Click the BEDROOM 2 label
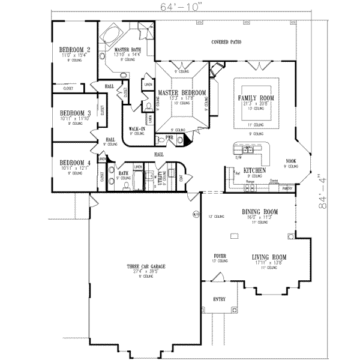[75, 49]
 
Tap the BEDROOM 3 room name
[75, 113]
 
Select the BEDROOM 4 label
[75, 162]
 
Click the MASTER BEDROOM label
[182, 93]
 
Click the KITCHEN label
[238, 170]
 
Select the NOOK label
[292, 160]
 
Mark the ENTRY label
[219, 299]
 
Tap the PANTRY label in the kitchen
[287, 188]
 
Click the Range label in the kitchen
[251, 181]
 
